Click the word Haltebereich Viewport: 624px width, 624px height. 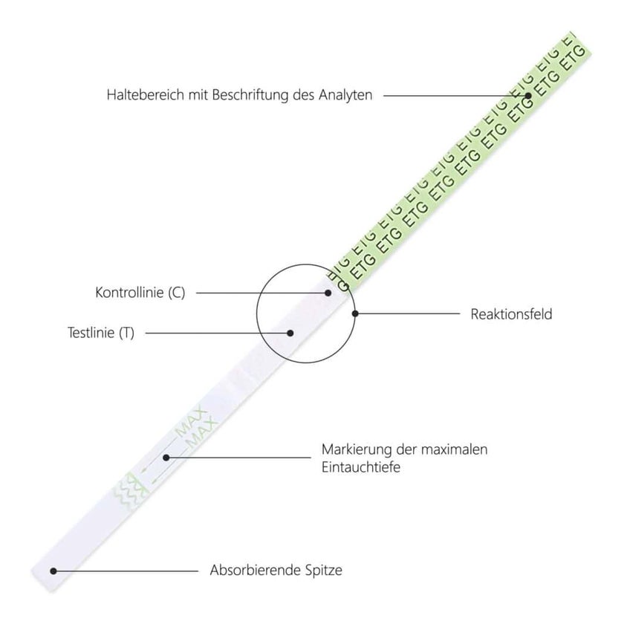146,95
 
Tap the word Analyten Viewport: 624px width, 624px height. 345,95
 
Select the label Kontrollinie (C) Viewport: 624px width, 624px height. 140,293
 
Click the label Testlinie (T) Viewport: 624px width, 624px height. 101,332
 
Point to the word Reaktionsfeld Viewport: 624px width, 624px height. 511,314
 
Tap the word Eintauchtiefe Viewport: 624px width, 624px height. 361,467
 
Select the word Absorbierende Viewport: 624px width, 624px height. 255,570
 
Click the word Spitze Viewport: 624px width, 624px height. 324,571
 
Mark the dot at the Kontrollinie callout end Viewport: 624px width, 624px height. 328,293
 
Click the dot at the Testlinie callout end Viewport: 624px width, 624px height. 290,333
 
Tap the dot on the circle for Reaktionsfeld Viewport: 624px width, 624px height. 355,313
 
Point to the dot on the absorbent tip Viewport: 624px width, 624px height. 53,571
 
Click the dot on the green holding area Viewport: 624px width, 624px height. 528,96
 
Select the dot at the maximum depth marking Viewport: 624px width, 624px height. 166,458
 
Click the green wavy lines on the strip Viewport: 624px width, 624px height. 130,491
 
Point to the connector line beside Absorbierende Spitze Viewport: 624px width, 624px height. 126,571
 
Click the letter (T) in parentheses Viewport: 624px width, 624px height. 126,333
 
